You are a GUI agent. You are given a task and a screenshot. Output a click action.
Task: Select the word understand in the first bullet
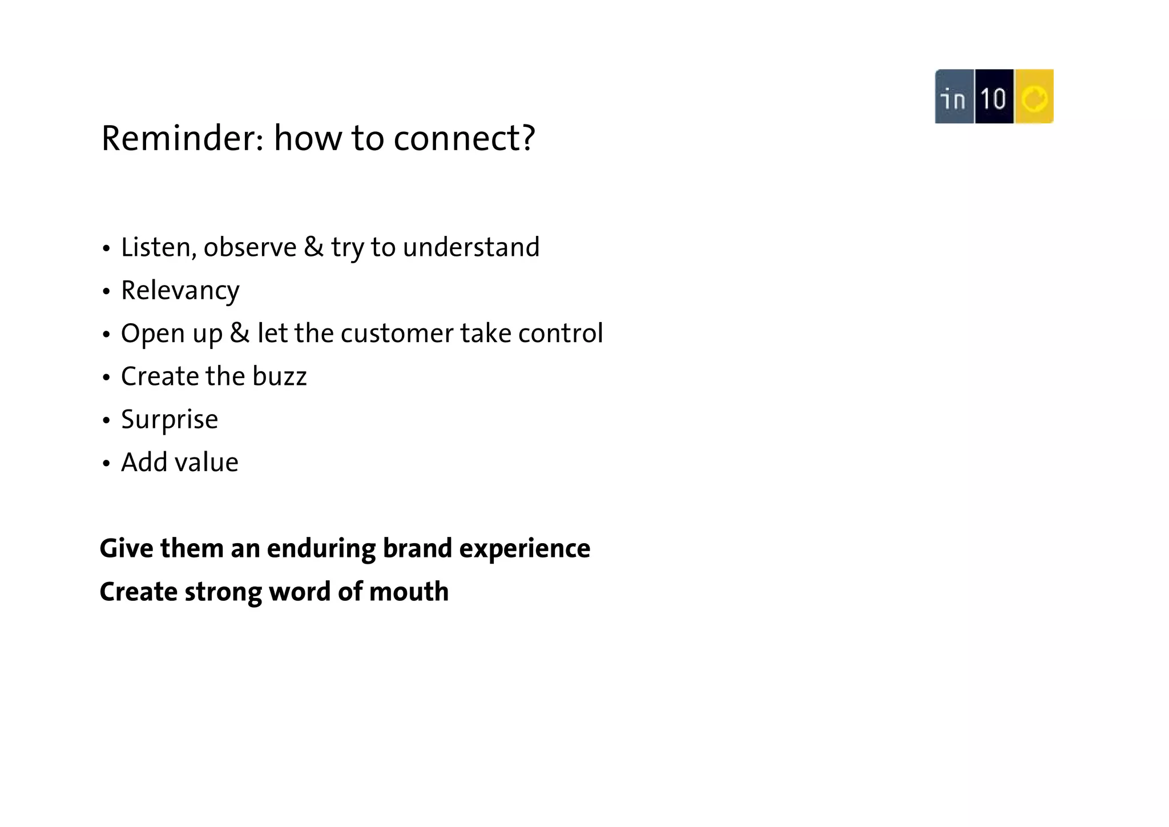[471, 247]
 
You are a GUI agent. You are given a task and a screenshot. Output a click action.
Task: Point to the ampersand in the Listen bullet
[313, 247]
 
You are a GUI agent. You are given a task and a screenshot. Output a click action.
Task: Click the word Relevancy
[180, 291]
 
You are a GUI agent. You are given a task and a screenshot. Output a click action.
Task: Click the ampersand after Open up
[240, 333]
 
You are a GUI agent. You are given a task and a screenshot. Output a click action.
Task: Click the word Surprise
[170, 420]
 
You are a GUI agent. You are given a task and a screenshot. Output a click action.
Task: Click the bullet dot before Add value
[106, 464]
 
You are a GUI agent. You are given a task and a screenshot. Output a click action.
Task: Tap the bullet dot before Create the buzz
[106, 378]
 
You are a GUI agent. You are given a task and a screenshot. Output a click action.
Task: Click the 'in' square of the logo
[954, 97]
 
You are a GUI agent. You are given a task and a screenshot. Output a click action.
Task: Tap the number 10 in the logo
[994, 97]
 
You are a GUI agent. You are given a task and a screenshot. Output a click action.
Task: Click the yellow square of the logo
[1034, 97]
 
